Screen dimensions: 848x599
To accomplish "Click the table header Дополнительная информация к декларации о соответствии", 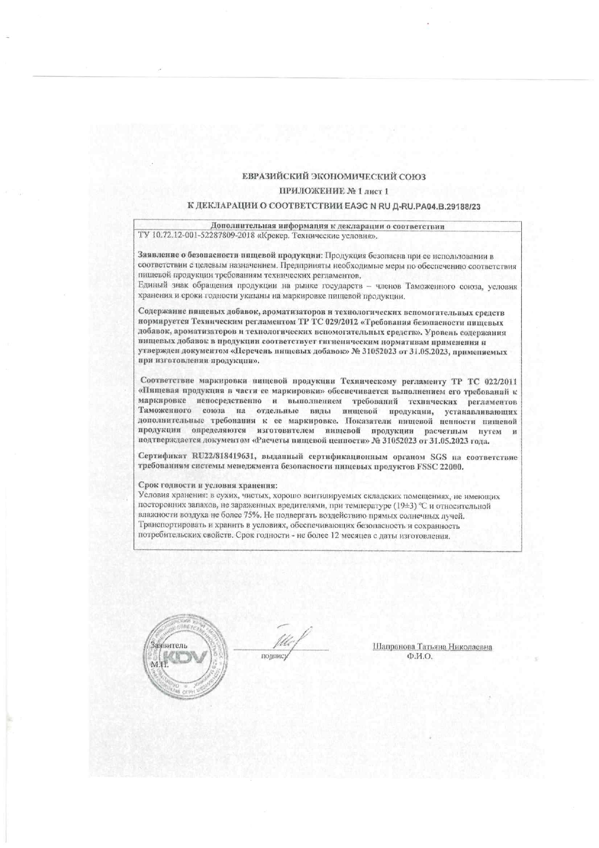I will coord(328,226).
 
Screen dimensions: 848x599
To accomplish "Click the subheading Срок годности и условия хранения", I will coord(208,486).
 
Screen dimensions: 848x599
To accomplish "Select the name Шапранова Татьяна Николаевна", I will coord(432,647).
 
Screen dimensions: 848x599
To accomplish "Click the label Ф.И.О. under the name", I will coord(419,657).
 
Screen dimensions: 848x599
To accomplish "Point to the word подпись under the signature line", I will coord(274,656).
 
